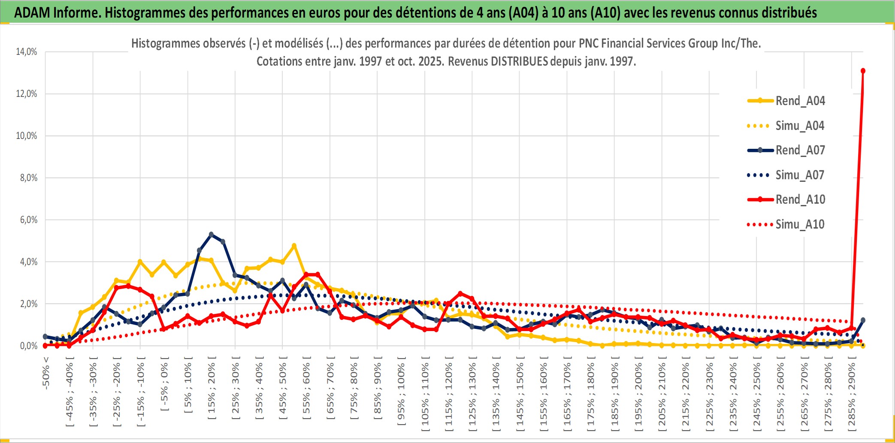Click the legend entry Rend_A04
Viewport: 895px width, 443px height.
800,101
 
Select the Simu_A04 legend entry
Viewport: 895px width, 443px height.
800,126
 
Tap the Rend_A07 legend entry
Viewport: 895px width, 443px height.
800,150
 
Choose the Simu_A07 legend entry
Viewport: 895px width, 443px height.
800,175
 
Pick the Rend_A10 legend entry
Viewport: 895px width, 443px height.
800,199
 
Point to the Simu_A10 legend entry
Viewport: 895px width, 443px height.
800,224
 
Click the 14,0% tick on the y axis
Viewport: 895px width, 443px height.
27,52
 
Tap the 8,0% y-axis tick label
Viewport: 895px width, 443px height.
28,178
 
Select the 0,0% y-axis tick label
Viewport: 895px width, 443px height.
28,346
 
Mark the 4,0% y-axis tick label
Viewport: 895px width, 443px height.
28,262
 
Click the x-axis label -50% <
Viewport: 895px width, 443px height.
46,373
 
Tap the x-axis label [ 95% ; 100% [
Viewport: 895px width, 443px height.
401,391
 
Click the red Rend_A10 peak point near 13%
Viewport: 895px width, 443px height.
863,71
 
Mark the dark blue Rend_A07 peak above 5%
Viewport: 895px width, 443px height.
211,235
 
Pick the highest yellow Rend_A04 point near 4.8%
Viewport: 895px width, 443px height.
294,246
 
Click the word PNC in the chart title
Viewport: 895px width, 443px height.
588,43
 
